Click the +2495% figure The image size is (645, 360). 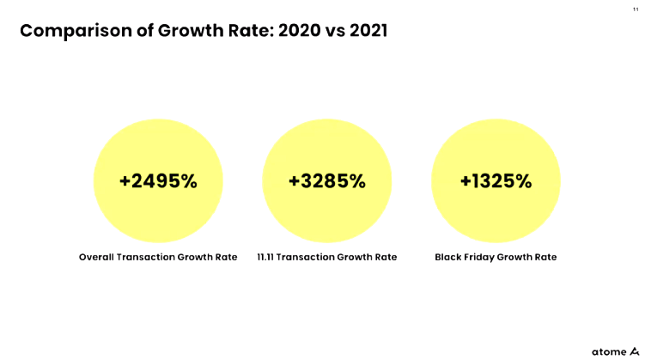click(158, 181)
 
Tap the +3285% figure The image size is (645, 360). click(327, 181)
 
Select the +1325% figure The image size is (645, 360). click(496, 181)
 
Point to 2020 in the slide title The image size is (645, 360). click(299, 30)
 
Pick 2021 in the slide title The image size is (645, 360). click(368, 30)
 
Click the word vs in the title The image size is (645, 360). click(335, 32)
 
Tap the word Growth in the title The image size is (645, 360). click(191, 30)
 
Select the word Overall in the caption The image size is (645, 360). click(96, 257)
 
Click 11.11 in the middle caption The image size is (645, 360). click(265, 257)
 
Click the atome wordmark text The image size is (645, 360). click(609, 352)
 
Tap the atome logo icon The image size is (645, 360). click(635, 351)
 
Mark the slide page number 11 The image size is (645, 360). click(636, 9)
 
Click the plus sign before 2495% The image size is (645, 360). click(125, 181)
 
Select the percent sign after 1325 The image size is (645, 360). click(523, 181)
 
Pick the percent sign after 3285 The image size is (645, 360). click(356, 181)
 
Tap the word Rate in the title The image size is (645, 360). click(251, 30)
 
